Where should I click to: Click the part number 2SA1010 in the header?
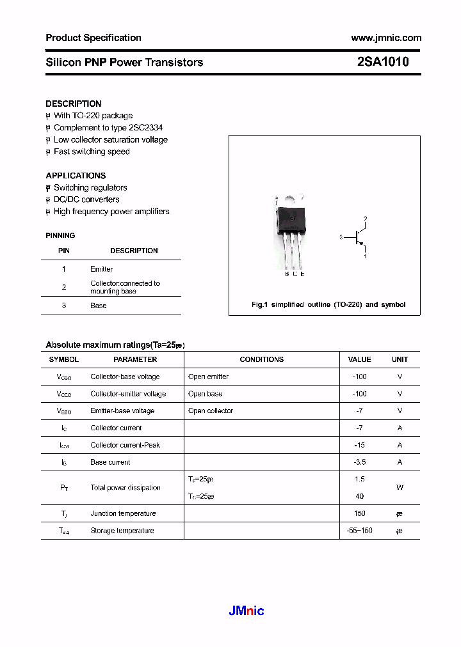[383, 62]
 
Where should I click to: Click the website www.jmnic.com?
[386, 38]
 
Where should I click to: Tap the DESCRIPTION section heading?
[74, 104]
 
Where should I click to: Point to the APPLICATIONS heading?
[76, 175]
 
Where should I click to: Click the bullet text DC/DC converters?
[86, 199]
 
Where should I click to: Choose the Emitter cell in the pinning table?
[101, 269]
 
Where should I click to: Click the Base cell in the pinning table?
[99, 306]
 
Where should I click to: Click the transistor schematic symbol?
[356, 238]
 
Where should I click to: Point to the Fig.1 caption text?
[328, 304]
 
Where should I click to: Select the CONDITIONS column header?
[261, 359]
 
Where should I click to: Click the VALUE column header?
[359, 359]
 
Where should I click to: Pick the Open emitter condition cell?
[208, 377]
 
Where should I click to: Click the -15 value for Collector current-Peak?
[359, 445]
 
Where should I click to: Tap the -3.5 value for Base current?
[359, 462]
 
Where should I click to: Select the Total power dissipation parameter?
[125, 488]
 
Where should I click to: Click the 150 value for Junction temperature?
[359, 513]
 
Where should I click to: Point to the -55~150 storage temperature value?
[359, 531]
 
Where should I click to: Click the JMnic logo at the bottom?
[247, 611]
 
